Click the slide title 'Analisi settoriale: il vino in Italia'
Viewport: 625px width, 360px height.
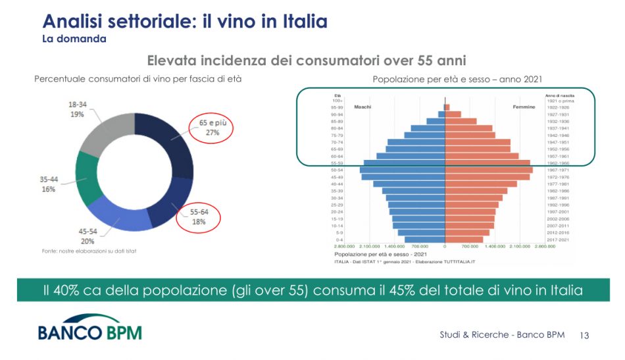(185, 22)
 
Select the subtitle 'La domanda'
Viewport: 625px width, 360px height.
(74, 39)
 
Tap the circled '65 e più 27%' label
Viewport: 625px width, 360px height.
(213, 127)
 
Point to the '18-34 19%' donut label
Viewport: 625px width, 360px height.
(81, 109)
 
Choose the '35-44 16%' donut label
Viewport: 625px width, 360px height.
(49, 184)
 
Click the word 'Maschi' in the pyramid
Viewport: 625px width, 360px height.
(363, 107)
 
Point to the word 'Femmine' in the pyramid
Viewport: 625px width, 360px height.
(524, 107)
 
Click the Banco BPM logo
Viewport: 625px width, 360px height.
(89, 330)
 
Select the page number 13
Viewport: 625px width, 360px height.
(584, 336)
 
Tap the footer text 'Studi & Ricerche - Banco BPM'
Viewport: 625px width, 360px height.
(502, 335)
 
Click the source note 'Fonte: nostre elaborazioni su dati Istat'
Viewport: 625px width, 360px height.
(85, 251)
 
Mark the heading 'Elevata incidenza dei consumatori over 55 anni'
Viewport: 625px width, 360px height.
(307, 61)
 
